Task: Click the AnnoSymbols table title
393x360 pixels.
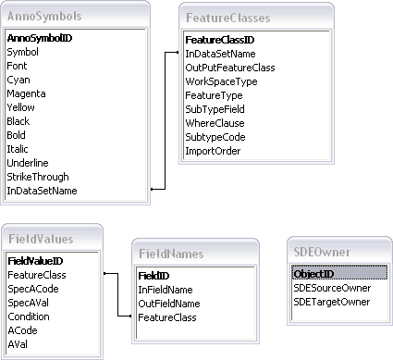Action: [44, 17]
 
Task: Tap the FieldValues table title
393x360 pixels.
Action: [41, 239]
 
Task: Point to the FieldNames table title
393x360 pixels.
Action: [173, 253]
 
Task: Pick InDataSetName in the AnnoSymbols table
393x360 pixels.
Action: [42, 191]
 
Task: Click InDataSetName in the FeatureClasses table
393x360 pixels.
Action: [220, 54]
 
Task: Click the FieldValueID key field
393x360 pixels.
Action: [36, 262]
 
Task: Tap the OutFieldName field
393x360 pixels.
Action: [169, 304]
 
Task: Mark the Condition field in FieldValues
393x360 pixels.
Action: [29, 316]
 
